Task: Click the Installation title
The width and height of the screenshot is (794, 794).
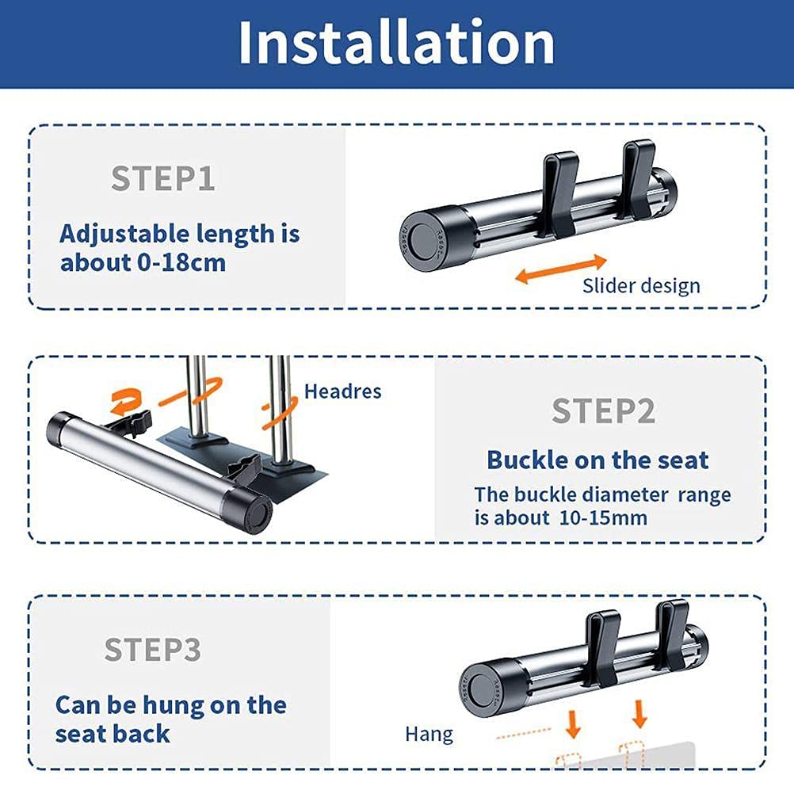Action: (x=396, y=43)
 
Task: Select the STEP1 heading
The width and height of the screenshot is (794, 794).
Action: (x=163, y=179)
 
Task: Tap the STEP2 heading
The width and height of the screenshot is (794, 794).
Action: (x=604, y=410)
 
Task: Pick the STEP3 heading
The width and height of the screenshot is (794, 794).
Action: (x=152, y=649)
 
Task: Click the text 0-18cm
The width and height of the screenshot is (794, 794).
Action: (x=181, y=263)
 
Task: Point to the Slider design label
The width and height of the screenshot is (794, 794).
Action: (x=641, y=286)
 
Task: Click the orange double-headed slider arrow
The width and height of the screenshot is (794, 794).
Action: (x=560, y=269)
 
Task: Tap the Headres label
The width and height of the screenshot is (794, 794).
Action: (x=343, y=391)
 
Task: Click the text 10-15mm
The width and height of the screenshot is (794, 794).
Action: (x=603, y=518)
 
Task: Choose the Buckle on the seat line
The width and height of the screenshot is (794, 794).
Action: (x=597, y=460)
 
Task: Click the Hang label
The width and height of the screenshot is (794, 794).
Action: (x=429, y=735)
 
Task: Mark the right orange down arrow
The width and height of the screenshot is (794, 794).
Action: (x=640, y=714)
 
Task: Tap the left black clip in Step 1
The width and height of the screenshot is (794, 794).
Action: (x=559, y=194)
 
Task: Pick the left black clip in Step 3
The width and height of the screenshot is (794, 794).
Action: (x=602, y=648)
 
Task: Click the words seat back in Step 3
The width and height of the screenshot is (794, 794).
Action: (x=113, y=735)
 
